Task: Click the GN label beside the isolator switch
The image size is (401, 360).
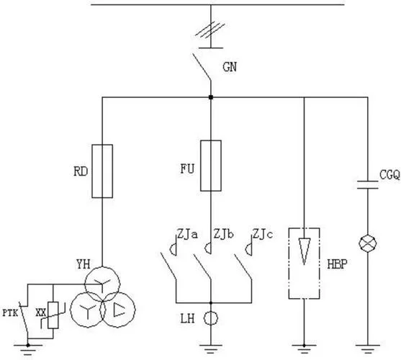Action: pyautogui.click(x=230, y=67)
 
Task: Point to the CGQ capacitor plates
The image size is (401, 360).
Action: pyautogui.click(x=367, y=185)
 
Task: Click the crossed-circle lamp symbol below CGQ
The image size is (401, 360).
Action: pyautogui.click(x=368, y=243)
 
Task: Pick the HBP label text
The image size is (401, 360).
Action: pyautogui.click(x=338, y=264)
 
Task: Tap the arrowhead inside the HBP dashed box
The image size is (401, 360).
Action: pyautogui.click(x=304, y=251)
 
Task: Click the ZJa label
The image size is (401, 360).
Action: pyautogui.click(x=187, y=234)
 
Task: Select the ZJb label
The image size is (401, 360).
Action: pyautogui.click(x=223, y=234)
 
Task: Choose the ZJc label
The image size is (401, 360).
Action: pyautogui.click(x=263, y=234)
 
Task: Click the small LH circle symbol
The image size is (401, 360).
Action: pyautogui.click(x=211, y=318)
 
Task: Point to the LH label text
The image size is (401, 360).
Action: pyautogui.click(x=187, y=319)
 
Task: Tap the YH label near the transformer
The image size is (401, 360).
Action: pyautogui.click(x=83, y=264)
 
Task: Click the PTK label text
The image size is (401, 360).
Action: pyautogui.click(x=10, y=313)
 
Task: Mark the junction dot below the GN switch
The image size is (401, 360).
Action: pyautogui.click(x=211, y=97)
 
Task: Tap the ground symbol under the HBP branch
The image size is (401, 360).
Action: pyautogui.click(x=304, y=349)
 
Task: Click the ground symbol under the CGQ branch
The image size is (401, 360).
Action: pyautogui.click(x=368, y=349)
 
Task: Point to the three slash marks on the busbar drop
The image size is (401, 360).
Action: pyautogui.click(x=210, y=31)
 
